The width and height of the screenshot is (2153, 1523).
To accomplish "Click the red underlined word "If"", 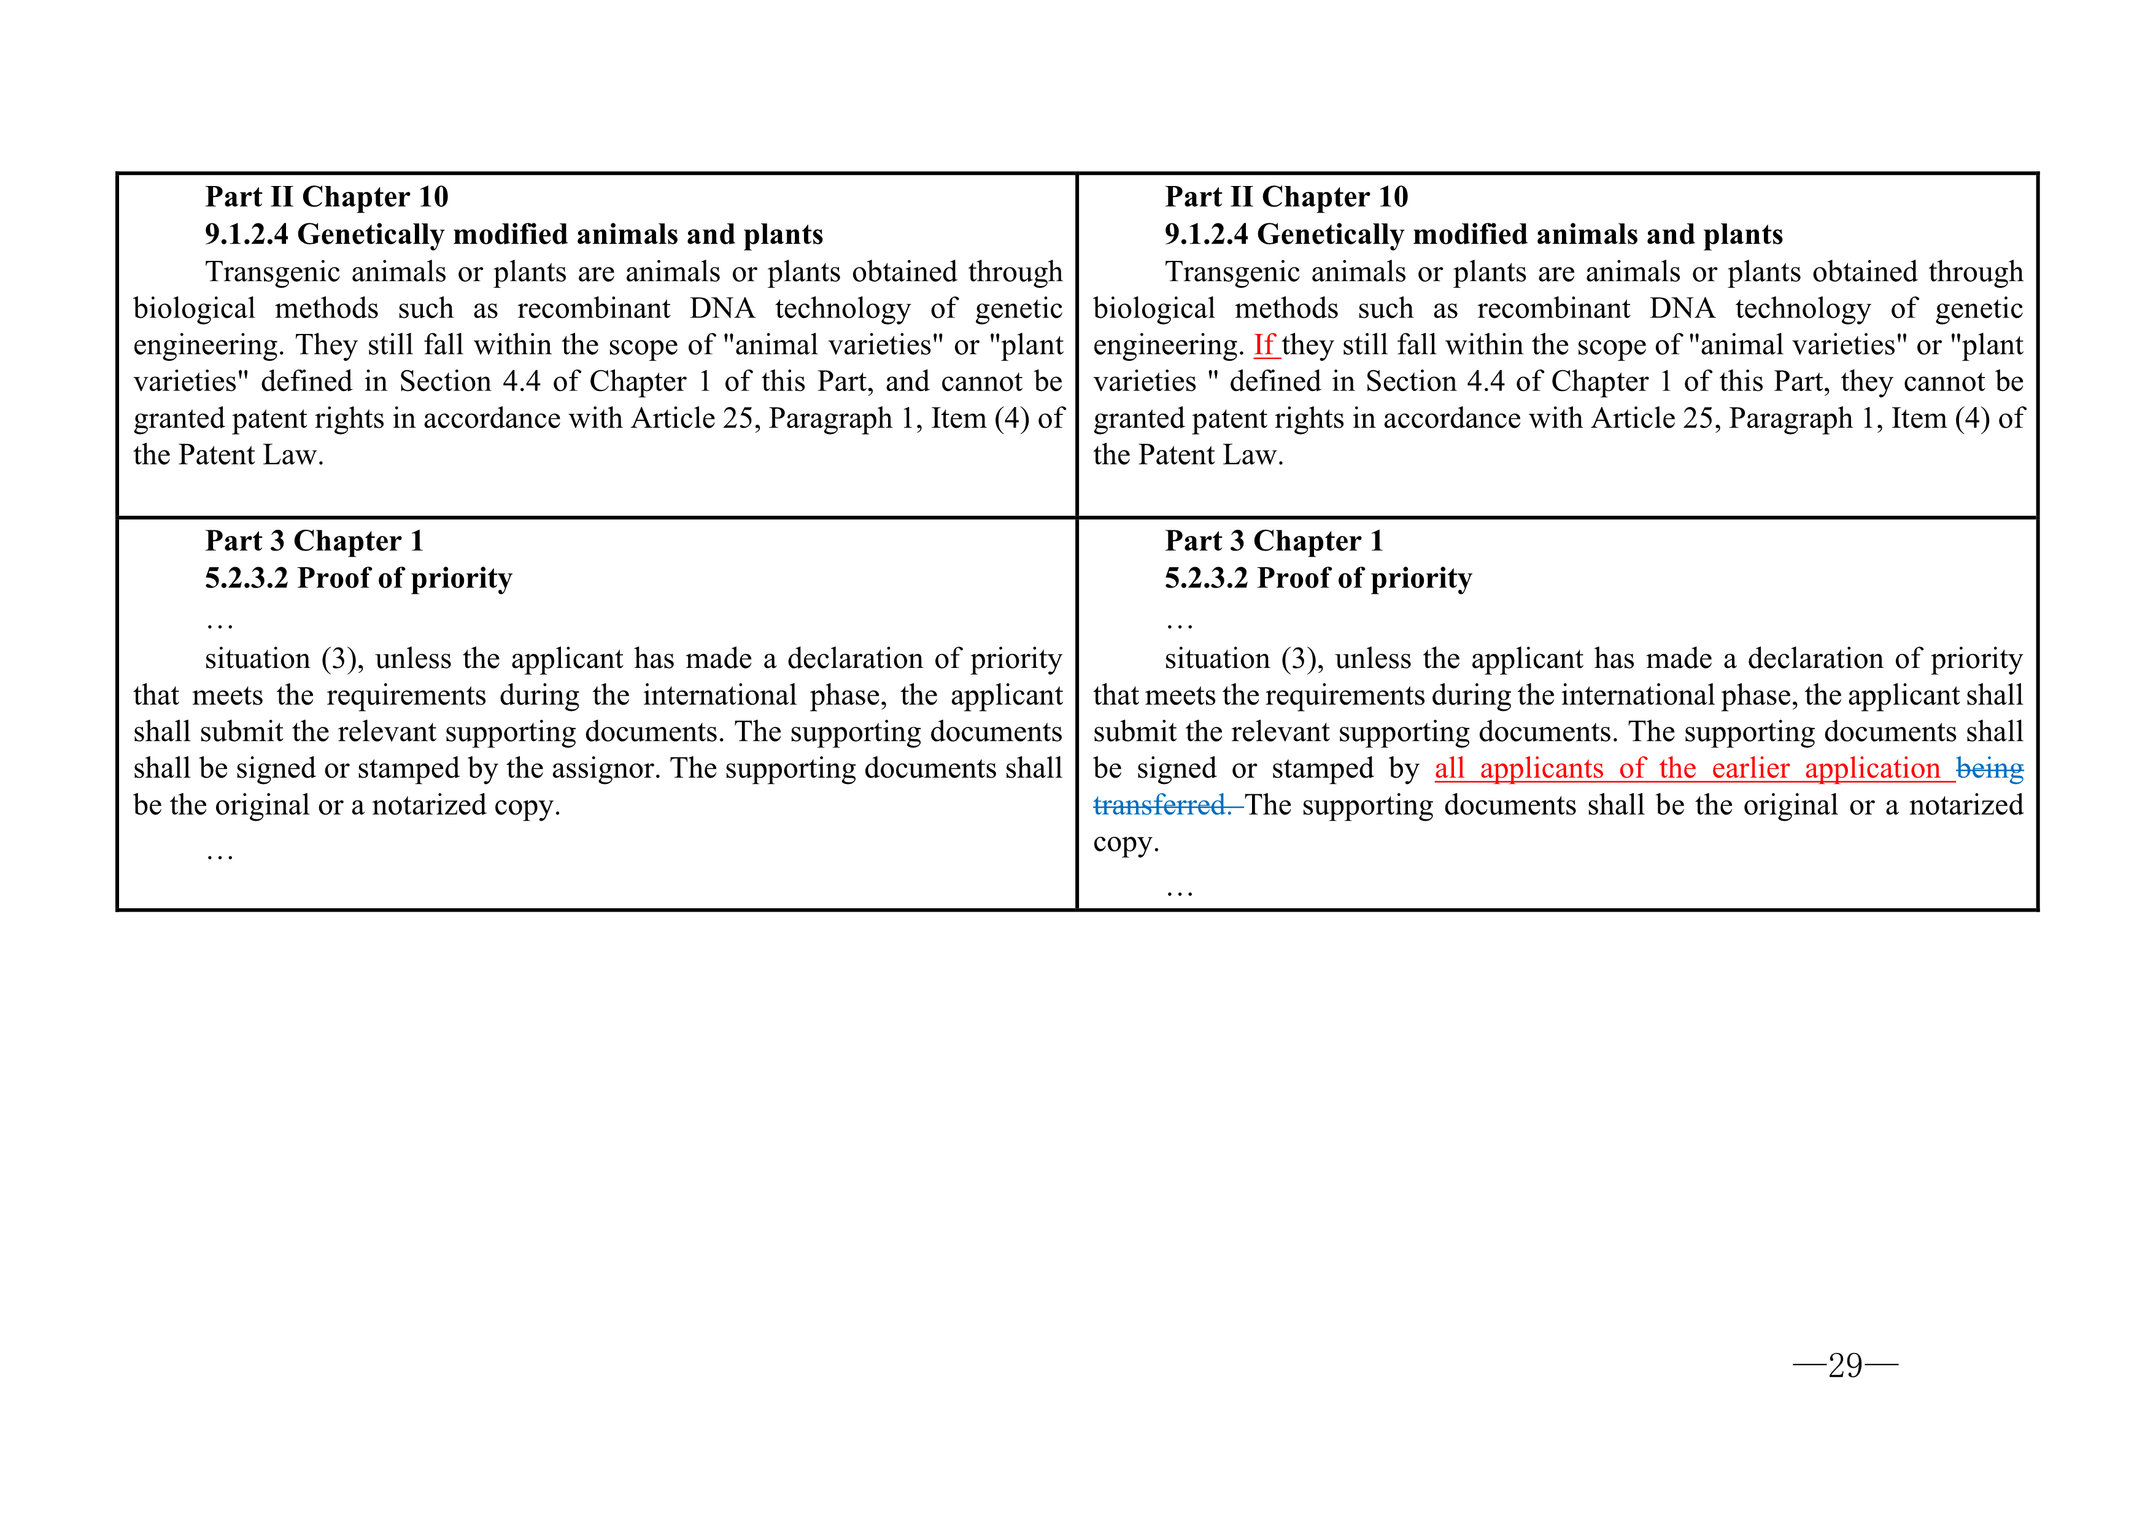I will (1264, 346).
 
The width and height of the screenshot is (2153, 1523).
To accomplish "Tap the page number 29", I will (1844, 1365).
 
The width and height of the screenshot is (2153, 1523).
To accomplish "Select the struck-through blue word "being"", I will (1989, 769).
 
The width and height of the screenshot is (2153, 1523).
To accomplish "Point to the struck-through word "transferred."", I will (1164, 805).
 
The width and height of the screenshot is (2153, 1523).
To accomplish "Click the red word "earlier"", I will (1750, 769).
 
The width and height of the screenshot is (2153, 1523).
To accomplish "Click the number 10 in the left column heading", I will (433, 197).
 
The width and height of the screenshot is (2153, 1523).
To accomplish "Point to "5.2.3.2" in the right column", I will (1206, 579).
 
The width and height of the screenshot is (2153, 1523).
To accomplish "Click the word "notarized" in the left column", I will (433, 805).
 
